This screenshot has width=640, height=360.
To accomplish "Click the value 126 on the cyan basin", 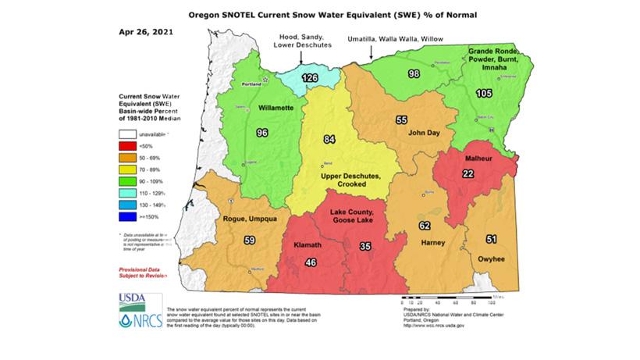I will tap(310, 78).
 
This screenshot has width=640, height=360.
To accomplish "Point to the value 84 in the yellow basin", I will tap(330, 140).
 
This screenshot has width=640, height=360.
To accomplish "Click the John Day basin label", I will tap(425, 134).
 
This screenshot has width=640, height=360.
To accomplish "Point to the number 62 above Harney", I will tap(425, 226).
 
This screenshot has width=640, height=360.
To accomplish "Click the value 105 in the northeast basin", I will tap(484, 94).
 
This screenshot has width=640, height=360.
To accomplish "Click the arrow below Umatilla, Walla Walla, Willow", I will tap(370, 55).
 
